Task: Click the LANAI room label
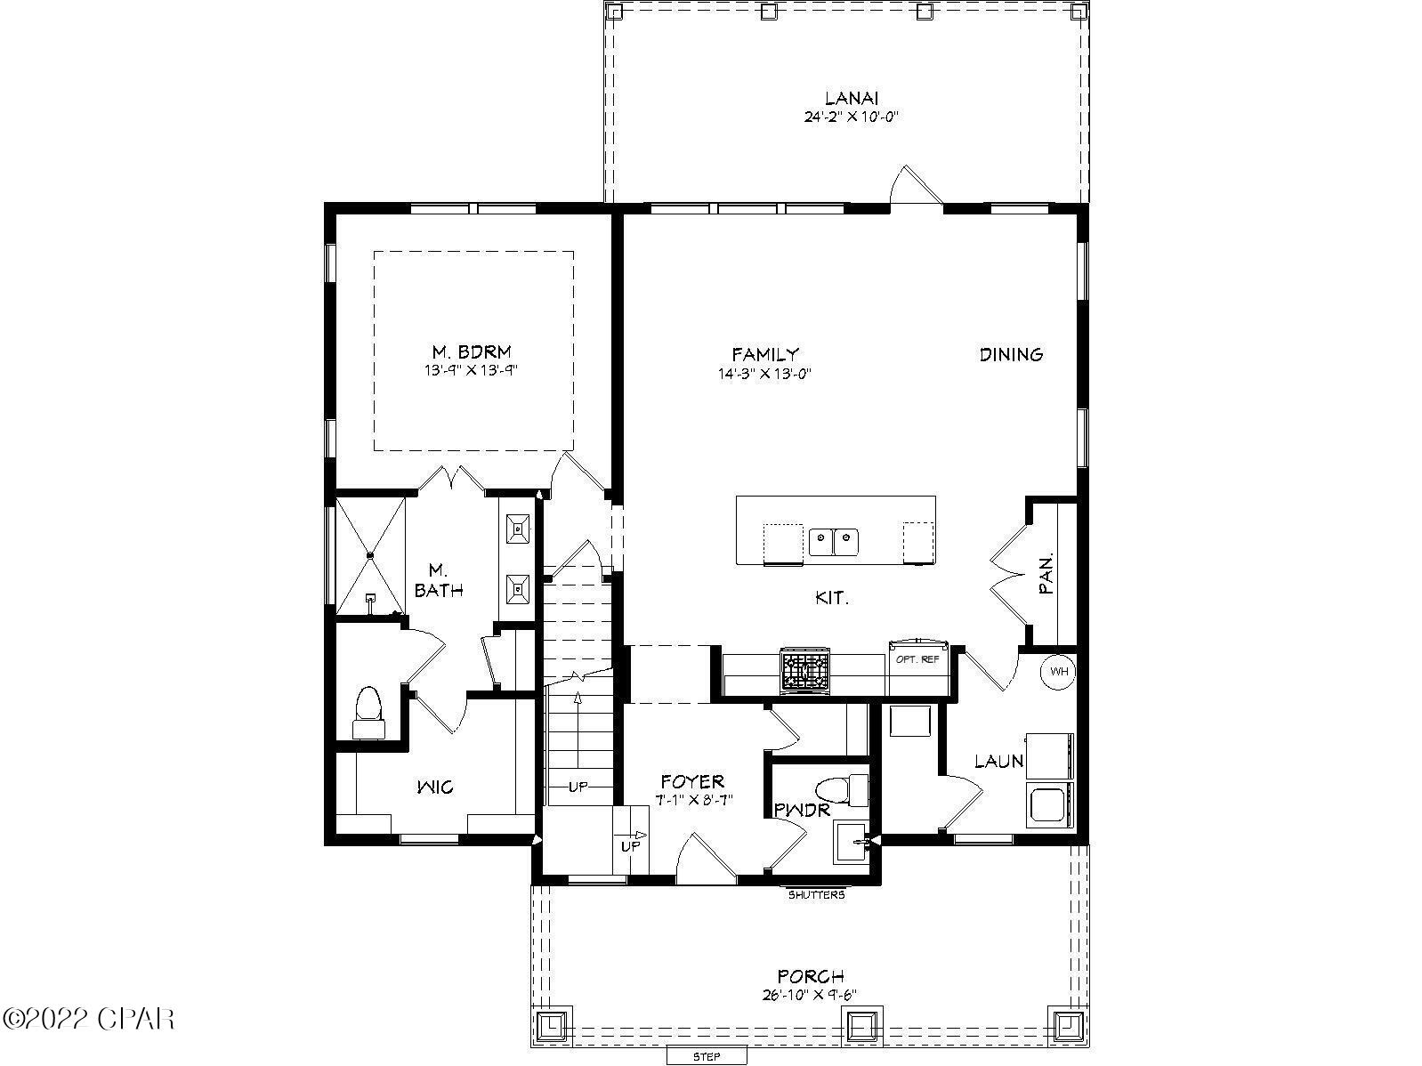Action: pos(852,99)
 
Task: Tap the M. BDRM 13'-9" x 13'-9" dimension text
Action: pos(471,370)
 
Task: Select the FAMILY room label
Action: pos(765,354)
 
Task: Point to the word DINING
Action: pos(1011,354)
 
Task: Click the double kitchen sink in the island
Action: pos(833,538)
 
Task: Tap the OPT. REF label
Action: pos(917,659)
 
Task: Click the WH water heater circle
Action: pos(1059,671)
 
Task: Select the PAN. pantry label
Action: pos(1047,574)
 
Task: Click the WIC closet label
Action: pos(435,787)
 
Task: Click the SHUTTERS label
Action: pos(816,894)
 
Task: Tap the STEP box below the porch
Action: pos(707,1056)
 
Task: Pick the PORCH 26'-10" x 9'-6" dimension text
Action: pos(810,995)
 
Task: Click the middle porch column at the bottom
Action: pos(860,1026)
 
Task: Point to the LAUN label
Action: pos(998,761)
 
